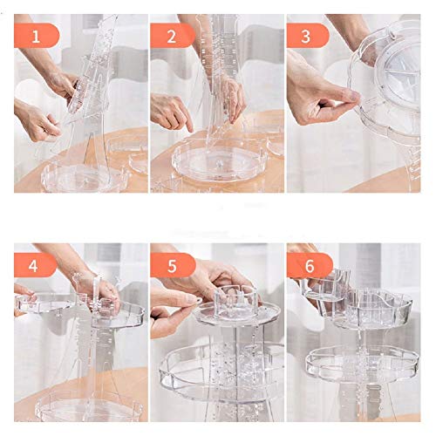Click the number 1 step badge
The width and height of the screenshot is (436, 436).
[37, 36]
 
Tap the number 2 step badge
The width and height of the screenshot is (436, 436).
[173, 36]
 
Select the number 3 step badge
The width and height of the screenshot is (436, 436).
[308, 36]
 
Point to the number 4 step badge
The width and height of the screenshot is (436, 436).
[36, 265]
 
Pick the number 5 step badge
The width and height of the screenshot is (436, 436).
[173, 265]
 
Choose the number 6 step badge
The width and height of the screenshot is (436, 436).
[310, 265]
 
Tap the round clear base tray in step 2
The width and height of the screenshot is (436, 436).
[219, 160]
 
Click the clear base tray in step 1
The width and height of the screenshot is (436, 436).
[85, 178]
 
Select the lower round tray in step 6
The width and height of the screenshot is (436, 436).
[362, 364]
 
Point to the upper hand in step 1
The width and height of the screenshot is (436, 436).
[58, 78]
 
